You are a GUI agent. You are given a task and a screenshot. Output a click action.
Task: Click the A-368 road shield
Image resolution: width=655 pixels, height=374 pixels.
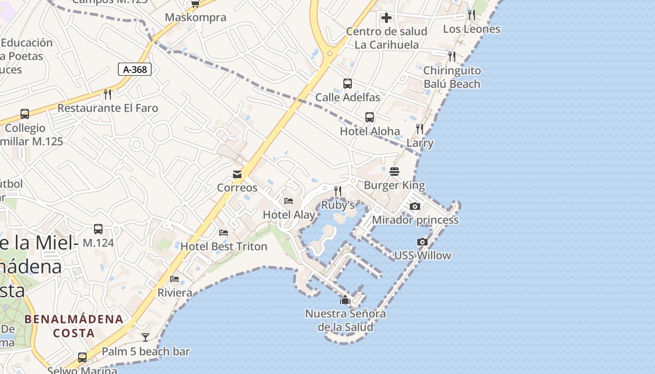click(x=135, y=70)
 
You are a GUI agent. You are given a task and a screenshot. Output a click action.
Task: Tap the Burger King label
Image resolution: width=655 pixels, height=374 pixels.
click(x=394, y=185)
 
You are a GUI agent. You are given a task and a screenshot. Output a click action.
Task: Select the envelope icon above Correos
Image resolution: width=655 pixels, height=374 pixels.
click(x=237, y=174)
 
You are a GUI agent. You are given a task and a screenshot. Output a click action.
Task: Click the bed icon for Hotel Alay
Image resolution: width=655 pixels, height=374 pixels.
click(x=289, y=201)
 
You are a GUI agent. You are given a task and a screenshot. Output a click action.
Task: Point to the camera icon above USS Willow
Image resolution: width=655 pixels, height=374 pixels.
click(x=422, y=242)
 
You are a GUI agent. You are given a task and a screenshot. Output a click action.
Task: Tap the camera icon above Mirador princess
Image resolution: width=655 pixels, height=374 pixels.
click(x=415, y=206)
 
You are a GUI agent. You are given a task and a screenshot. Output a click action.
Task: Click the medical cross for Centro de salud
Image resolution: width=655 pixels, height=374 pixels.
click(x=386, y=18)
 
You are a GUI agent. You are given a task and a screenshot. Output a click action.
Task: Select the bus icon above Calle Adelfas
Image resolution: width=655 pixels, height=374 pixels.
click(x=347, y=84)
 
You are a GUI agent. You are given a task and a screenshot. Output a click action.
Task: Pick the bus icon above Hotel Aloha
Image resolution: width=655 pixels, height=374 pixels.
click(x=370, y=117)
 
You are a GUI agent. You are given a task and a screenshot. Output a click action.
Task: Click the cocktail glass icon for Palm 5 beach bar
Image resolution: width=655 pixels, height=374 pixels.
click(x=146, y=338)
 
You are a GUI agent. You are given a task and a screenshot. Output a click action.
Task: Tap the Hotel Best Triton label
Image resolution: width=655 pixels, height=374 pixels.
click(x=224, y=246)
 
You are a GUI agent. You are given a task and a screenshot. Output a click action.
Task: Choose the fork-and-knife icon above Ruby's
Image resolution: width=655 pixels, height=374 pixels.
click(x=338, y=191)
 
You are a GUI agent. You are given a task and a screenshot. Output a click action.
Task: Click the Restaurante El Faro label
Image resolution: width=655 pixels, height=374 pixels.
click(x=108, y=108)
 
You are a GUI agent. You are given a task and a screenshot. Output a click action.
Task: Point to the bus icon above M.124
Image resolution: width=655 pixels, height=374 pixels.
click(x=98, y=229)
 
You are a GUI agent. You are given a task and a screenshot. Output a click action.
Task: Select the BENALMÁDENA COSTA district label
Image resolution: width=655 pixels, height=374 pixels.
click(x=74, y=326)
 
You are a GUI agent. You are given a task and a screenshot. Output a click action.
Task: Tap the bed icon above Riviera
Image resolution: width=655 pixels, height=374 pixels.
click(x=175, y=279)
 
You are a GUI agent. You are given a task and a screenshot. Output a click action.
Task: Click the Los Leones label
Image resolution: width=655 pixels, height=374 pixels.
click(x=472, y=29)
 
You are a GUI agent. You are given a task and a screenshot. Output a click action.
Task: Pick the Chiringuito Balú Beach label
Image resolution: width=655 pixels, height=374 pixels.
click(x=452, y=77)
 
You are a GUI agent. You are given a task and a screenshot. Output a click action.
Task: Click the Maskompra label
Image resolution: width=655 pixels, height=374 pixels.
click(x=196, y=18)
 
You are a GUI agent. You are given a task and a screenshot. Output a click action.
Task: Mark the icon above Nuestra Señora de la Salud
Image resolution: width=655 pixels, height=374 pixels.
click(x=345, y=300)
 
